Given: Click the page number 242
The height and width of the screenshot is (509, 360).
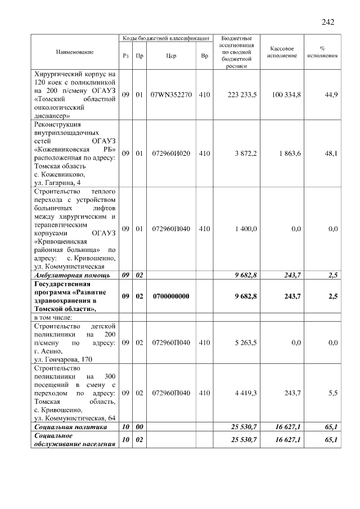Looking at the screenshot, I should (x=328, y=22).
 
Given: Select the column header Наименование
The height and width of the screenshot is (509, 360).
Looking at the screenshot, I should (x=75, y=52).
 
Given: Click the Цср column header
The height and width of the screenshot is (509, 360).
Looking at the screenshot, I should (x=172, y=56).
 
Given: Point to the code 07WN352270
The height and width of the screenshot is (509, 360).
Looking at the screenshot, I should (x=172, y=95).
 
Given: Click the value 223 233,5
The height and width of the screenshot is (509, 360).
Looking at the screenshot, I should (x=242, y=95).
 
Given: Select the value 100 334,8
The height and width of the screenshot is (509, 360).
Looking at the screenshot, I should (x=284, y=95).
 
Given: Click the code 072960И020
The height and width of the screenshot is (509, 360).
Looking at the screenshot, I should (x=172, y=153).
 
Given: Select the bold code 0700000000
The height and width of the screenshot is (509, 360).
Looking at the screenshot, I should (x=172, y=296).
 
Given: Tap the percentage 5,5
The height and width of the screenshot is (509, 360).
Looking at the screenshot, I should (x=332, y=393).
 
